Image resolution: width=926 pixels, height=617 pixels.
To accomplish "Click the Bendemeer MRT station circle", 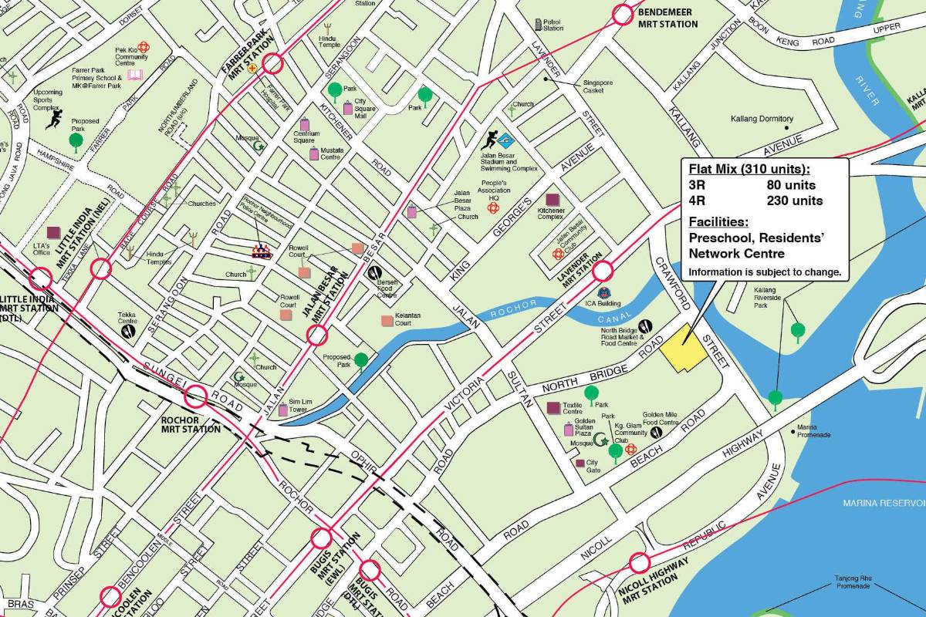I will tap(623, 14).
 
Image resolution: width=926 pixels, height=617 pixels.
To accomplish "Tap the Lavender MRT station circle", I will tap(603, 271).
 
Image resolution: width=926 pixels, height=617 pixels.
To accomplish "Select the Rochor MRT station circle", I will tap(196, 396).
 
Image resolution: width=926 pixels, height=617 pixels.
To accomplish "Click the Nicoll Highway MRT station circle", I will tap(639, 563).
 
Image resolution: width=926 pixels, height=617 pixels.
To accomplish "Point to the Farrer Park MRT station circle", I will tap(272, 64).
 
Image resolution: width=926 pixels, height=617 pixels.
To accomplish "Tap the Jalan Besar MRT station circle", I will tap(317, 335).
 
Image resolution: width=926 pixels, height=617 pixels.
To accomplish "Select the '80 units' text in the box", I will tap(790, 185).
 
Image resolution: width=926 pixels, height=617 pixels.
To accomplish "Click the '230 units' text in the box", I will tap(794, 201).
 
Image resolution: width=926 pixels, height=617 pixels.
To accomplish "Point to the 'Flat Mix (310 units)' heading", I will tap(749, 169).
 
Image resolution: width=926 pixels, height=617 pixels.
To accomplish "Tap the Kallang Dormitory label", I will tap(762, 119).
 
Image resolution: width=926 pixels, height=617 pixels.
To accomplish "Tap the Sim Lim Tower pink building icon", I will tap(283, 410).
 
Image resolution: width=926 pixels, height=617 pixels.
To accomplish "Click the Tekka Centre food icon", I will tap(128, 330).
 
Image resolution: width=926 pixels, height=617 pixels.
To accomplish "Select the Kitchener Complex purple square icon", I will tap(552, 200).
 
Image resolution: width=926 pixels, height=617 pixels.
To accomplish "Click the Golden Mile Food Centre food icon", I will tap(657, 433).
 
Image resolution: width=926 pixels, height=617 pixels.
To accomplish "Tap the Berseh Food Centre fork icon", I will tap(375, 271).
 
